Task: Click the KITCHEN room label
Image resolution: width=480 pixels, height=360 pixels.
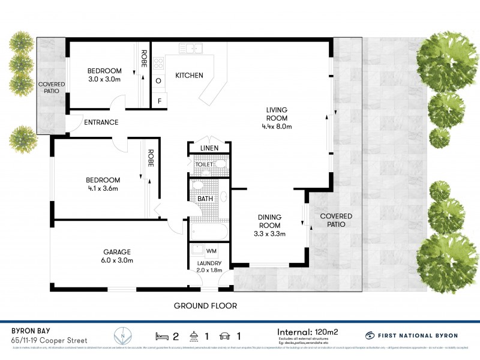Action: [x=189, y=76]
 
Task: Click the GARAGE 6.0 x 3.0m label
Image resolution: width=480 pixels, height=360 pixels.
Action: [x=117, y=256]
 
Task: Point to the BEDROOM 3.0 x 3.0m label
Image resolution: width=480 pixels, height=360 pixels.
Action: [x=104, y=74]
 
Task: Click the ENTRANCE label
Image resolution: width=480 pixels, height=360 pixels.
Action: [x=101, y=122]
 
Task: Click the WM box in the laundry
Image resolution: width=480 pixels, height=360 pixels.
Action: [x=211, y=250]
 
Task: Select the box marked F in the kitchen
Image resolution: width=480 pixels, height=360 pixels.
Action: [x=159, y=101]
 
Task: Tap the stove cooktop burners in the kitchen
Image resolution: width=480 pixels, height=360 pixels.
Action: [x=160, y=64]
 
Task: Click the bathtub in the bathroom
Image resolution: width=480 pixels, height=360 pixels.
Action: [x=208, y=231]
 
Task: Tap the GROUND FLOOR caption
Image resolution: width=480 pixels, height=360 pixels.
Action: [x=205, y=306]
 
